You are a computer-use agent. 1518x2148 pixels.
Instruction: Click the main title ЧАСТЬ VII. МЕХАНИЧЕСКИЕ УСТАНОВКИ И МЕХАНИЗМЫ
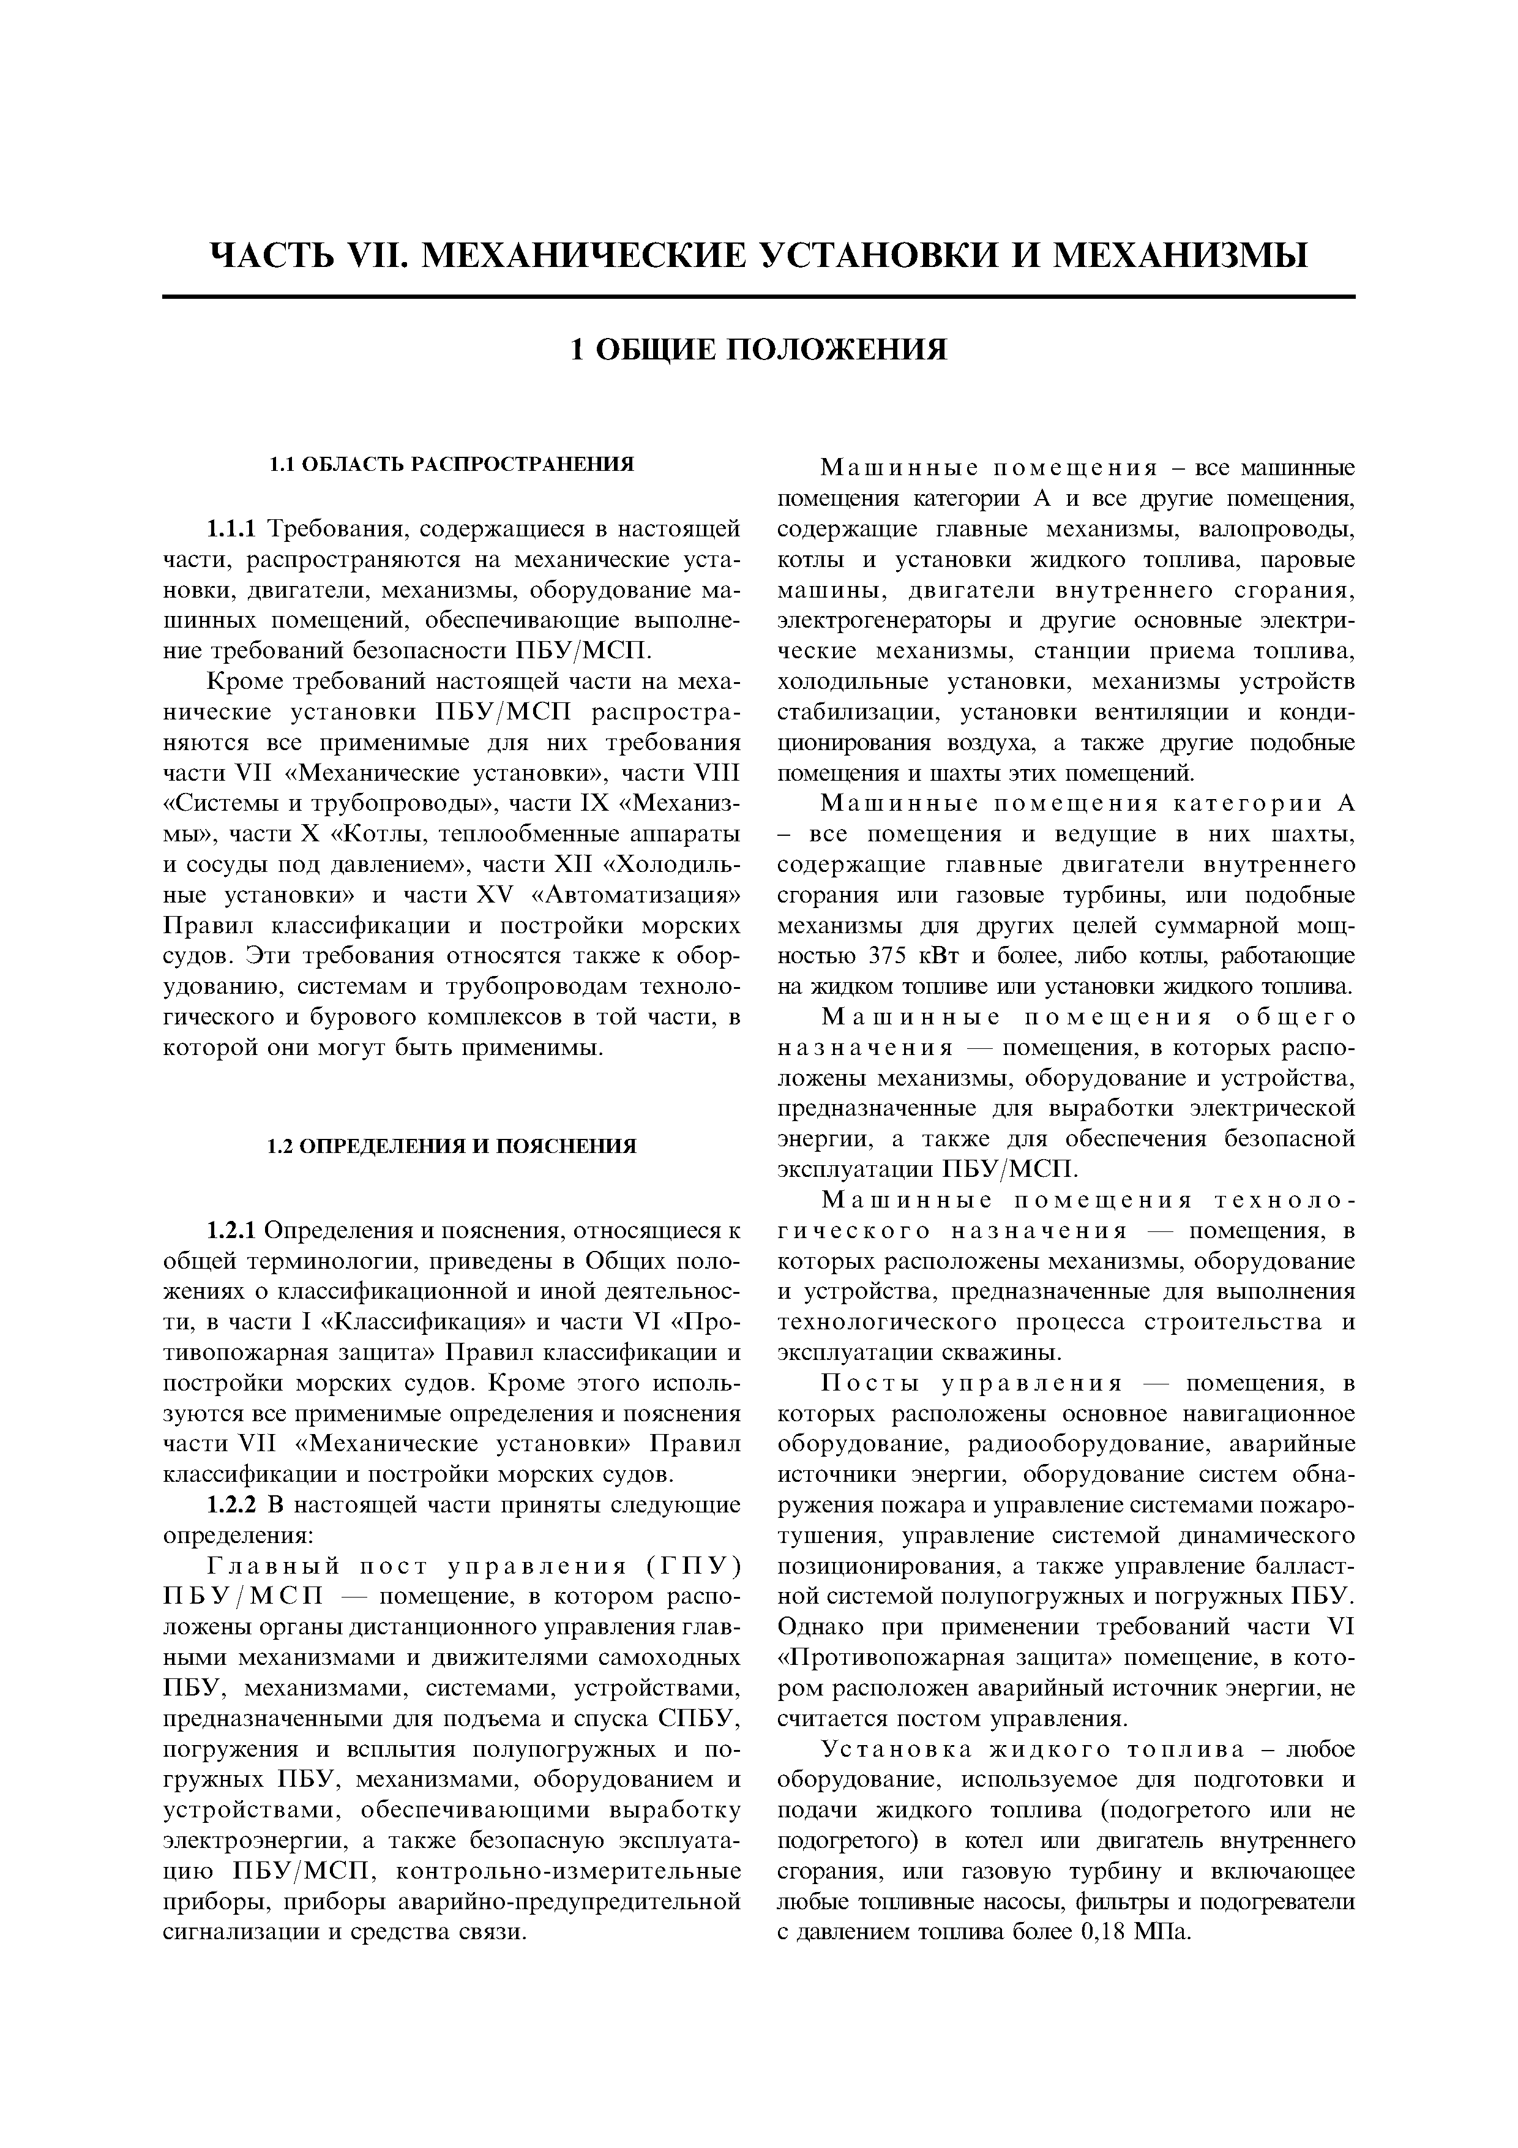(x=758, y=255)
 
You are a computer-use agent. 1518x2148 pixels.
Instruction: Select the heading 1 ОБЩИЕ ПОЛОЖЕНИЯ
(x=758, y=349)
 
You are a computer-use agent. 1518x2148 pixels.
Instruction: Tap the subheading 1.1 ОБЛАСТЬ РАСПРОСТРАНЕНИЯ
(x=451, y=464)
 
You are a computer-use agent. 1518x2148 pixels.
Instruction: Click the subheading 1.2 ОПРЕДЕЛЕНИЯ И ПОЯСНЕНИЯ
(x=452, y=1146)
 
